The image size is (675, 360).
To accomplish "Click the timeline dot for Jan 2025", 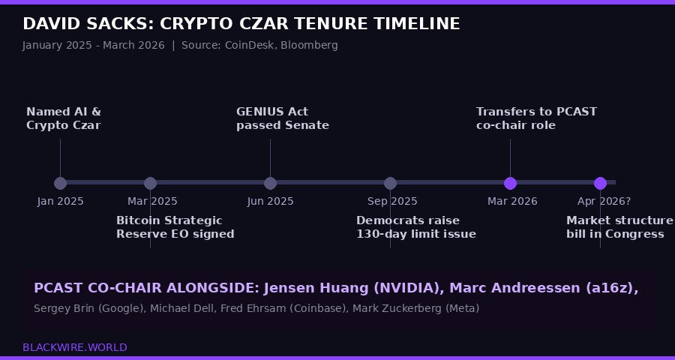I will click(x=60, y=183).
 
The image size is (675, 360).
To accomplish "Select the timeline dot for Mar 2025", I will click(x=150, y=183).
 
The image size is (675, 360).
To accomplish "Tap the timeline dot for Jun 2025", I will click(x=270, y=183).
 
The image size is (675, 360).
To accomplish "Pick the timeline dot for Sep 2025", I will click(x=390, y=183).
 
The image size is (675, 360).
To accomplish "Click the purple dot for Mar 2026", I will click(x=510, y=183).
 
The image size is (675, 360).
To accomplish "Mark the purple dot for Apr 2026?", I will click(x=600, y=183).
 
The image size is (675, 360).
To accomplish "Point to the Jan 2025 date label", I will click(x=60, y=201).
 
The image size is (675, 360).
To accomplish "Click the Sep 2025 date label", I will click(x=392, y=201).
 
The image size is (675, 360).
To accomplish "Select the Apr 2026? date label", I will click(x=604, y=201).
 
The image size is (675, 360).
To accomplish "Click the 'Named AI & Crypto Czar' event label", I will click(x=64, y=118).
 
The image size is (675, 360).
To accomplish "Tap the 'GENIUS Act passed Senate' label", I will click(x=282, y=118).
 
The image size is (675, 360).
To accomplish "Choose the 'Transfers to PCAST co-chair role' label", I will click(x=536, y=118).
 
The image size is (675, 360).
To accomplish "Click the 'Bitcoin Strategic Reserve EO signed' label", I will click(x=175, y=227).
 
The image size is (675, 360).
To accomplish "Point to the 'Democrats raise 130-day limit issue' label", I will click(x=415, y=227).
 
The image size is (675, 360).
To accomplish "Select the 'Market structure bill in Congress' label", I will click(x=619, y=227).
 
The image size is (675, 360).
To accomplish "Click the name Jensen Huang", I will click(x=309, y=288).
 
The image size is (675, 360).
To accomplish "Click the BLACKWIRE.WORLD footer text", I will click(x=74, y=347).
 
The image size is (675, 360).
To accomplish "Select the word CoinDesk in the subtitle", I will click(x=250, y=45).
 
